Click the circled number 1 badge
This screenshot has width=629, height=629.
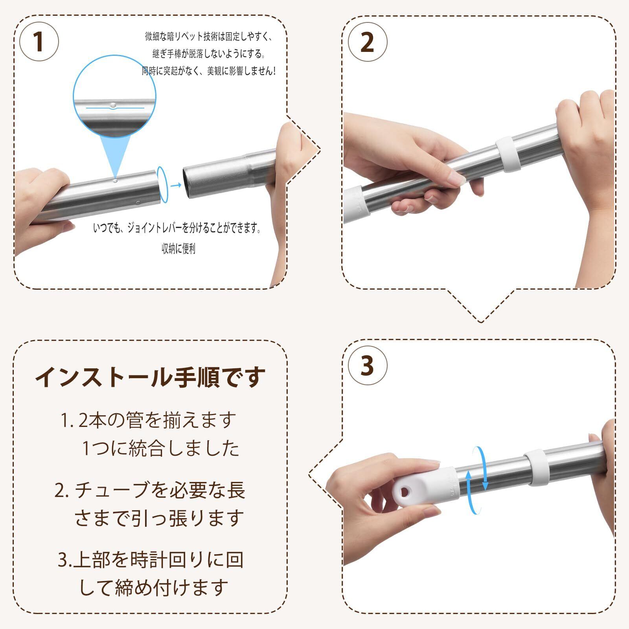click(x=39, y=42)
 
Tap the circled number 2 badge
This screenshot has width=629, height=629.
click(x=367, y=42)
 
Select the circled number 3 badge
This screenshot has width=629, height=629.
click(x=367, y=366)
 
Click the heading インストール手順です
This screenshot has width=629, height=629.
click(x=151, y=378)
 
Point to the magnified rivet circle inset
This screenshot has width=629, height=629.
click(x=114, y=97)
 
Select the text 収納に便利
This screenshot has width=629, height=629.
click(x=178, y=248)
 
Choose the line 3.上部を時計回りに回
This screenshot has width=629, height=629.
click(x=151, y=560)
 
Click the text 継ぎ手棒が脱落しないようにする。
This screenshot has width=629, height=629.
click(x=209, y=53)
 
